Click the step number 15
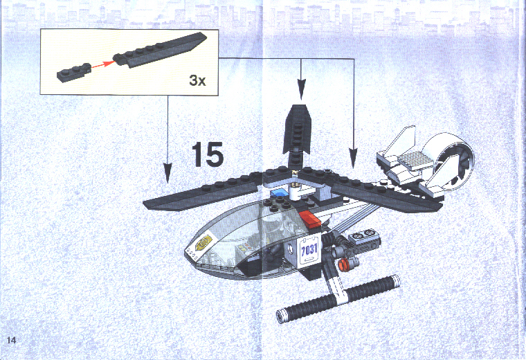[208, 154]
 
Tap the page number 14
[11, 340]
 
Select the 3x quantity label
[197, 80]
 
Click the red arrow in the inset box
[102, 64]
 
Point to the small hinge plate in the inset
[74, 72]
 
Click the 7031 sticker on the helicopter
[309, 251]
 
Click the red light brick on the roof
[310, 219]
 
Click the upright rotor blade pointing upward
[296, 134]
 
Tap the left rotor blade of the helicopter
[201, 194]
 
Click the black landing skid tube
[337, 299]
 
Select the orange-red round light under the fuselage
[343, 265]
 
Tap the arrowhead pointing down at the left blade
[167, 172]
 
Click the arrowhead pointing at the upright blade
[301, 89]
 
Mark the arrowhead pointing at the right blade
[353, 159]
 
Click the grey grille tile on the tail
[416, 159]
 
